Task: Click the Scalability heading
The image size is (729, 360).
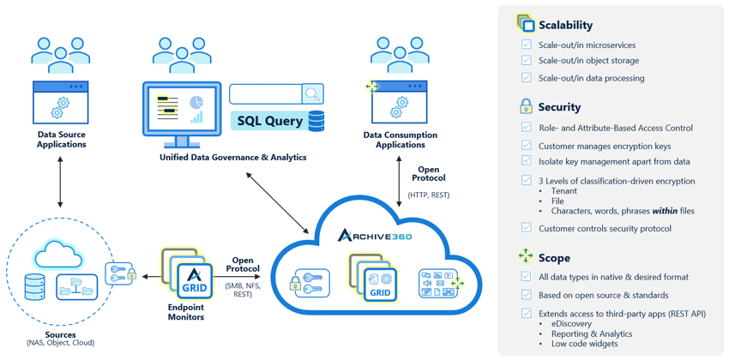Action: click(x=565, y=26)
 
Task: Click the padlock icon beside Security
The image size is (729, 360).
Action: click(x=526, y=106)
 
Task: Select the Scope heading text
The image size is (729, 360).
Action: click(x=554, y=257)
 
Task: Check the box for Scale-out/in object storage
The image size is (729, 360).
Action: click(x=527, y=61)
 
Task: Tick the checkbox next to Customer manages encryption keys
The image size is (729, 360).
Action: click(x=527, y=146)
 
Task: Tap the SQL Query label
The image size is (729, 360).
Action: click(x=270, y=121)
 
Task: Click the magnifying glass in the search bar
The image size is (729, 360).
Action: click(x=312, y=93)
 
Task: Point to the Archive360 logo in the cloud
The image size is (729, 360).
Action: click(x=375, y=235)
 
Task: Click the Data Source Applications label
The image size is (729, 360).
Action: click(x=61, y=139)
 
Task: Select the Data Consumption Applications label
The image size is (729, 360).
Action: click(x=400, y=140)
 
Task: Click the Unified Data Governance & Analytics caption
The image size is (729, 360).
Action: click(x=232, y=158)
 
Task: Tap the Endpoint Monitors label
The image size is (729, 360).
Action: click(x=186, y=312)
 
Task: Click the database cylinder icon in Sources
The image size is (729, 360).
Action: click(x=35, y=286)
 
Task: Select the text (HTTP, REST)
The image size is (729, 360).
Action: click(x=428, y=195)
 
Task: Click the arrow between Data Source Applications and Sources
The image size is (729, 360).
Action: click(x=60, y=182)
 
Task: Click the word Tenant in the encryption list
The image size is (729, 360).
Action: click(x=563, y=191)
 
